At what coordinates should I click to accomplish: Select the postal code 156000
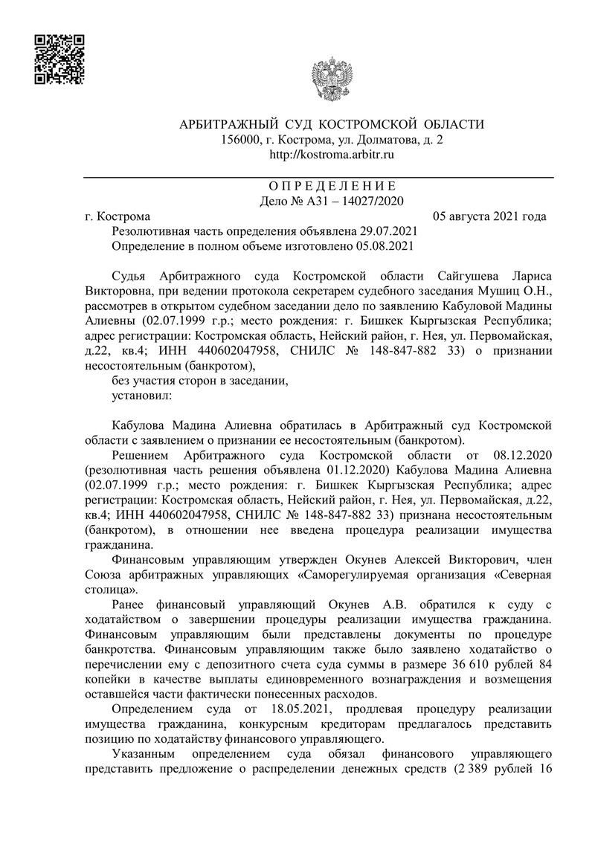point(242,139)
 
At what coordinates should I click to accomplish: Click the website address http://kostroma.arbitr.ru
point(331,155)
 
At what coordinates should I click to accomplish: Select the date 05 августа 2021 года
point(489,216)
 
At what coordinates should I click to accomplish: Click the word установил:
point(141,396)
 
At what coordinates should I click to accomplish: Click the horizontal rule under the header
point(318,177)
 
